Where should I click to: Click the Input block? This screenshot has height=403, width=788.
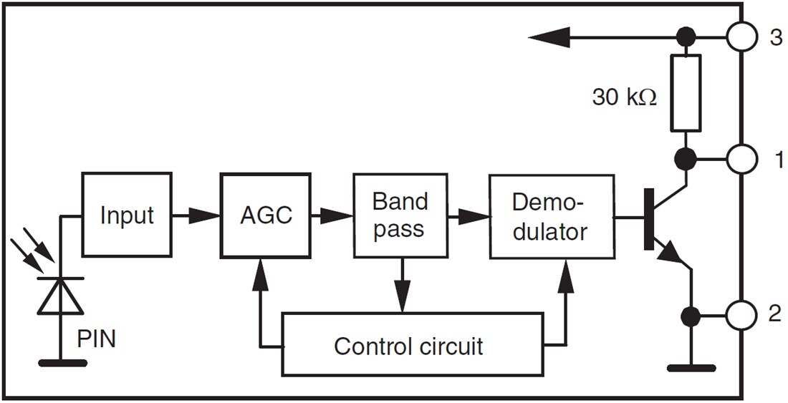click(x=127, y=215)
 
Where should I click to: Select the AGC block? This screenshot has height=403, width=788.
click(x=266, y=215)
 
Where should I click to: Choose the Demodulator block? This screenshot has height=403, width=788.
click(x=551, y=215)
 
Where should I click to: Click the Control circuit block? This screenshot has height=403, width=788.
click(x=411, y=345)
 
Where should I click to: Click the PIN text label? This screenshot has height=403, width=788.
click(x=96, y=339)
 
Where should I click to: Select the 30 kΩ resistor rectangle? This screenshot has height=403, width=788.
click(x=685, y=95)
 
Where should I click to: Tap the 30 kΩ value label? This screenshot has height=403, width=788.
click(x=623, y=97)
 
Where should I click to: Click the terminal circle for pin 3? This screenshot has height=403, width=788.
click(x=741, y=37)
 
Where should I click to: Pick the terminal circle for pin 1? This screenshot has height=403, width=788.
click(x=741, y=160)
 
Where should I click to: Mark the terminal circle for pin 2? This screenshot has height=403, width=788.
click(x=741, y=314)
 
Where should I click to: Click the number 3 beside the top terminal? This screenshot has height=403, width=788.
click(x=775, y=37)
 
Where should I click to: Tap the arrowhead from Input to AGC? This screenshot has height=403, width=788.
click(x=208, y=215)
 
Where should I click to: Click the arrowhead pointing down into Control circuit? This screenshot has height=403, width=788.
click(x=403, y=299)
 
